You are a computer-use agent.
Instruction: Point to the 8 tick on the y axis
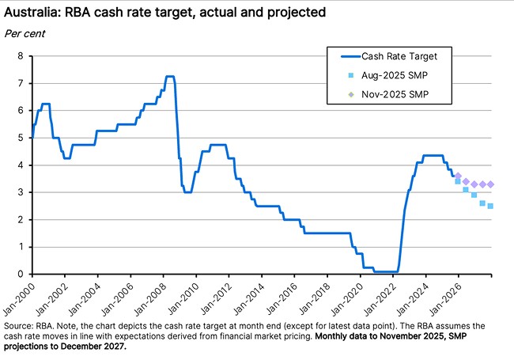[22, 55]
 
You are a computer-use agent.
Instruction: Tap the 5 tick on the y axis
[22, 138]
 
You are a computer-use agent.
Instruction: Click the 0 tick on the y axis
[22, 275]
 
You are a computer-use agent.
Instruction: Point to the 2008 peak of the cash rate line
[169, 77]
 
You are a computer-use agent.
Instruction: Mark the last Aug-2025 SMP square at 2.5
[490, 206]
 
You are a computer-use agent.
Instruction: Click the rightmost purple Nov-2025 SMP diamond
[490, 184]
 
